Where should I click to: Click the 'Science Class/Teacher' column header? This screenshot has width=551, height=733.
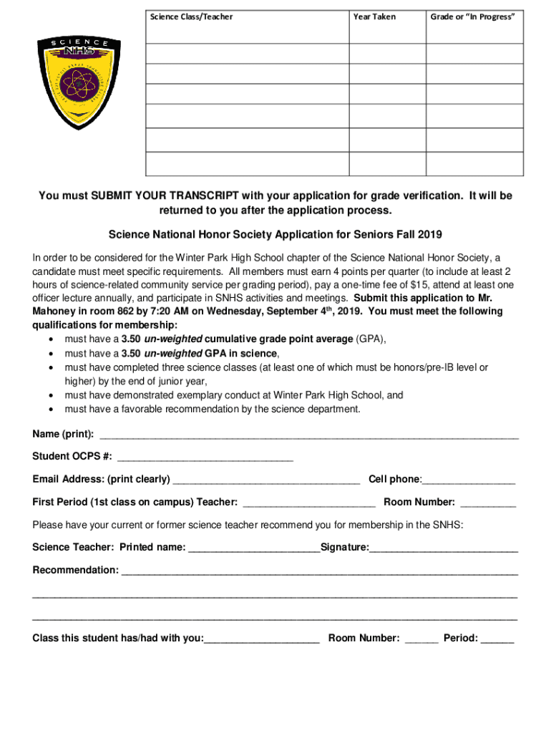tap(191, 16)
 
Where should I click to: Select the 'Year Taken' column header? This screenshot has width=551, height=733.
tap(374, 16)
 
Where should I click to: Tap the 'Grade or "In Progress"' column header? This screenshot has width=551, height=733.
tap(472, 16)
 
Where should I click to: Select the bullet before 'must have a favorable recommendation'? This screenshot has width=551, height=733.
tap(52, 409)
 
